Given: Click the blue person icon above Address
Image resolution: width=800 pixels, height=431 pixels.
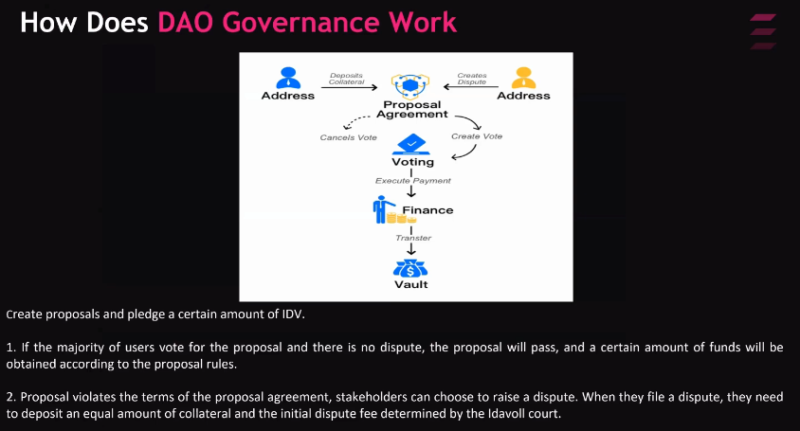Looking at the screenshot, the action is [x=287, y=78].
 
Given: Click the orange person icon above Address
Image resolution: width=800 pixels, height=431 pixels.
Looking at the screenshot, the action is [x=523, y=78].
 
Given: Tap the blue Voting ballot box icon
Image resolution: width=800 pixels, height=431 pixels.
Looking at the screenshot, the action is [x=412, y=144].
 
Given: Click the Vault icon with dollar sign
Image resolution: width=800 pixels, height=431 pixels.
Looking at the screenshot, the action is [x=411, y=267].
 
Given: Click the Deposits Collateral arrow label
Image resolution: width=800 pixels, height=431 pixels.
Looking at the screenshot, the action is [x=347, y=79].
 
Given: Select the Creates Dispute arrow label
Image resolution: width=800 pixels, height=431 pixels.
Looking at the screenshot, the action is [x=472, y=79].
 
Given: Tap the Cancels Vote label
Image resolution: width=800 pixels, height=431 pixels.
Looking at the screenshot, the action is [x=349, y=137].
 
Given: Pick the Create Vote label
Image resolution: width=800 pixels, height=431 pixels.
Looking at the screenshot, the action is [x=477, y=136].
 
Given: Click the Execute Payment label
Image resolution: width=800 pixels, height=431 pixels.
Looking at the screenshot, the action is [x=413, y=180].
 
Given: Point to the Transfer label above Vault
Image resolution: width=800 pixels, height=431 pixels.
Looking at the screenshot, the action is [x=413, y=238].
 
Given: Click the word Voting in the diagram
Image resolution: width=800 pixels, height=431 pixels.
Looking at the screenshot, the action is [x=412, y=162].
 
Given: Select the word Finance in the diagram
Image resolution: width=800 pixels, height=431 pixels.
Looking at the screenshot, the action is [x=427, y=210].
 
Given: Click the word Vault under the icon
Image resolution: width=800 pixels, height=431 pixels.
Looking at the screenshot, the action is [x=411, y=284].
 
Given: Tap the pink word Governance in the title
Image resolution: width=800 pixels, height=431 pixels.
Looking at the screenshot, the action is [x=291, y=21].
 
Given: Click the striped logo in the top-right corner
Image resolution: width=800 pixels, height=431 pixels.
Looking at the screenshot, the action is [x=763, y=30].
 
